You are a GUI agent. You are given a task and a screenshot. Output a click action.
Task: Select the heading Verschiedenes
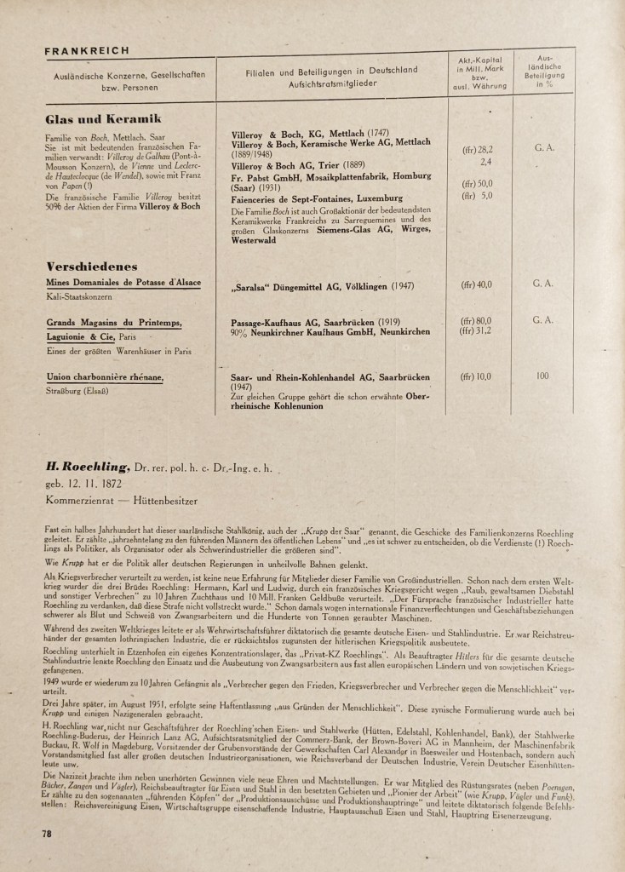91,266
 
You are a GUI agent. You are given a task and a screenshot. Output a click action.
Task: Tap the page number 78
47,834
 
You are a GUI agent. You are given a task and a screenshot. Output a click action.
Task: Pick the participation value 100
543,376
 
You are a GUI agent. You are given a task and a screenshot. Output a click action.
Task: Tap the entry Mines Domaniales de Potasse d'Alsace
123,281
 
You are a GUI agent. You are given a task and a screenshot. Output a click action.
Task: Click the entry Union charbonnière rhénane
104,376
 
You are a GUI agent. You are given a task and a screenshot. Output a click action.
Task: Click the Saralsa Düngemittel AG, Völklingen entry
311,287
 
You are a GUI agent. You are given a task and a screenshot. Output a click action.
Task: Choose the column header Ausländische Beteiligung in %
543,72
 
